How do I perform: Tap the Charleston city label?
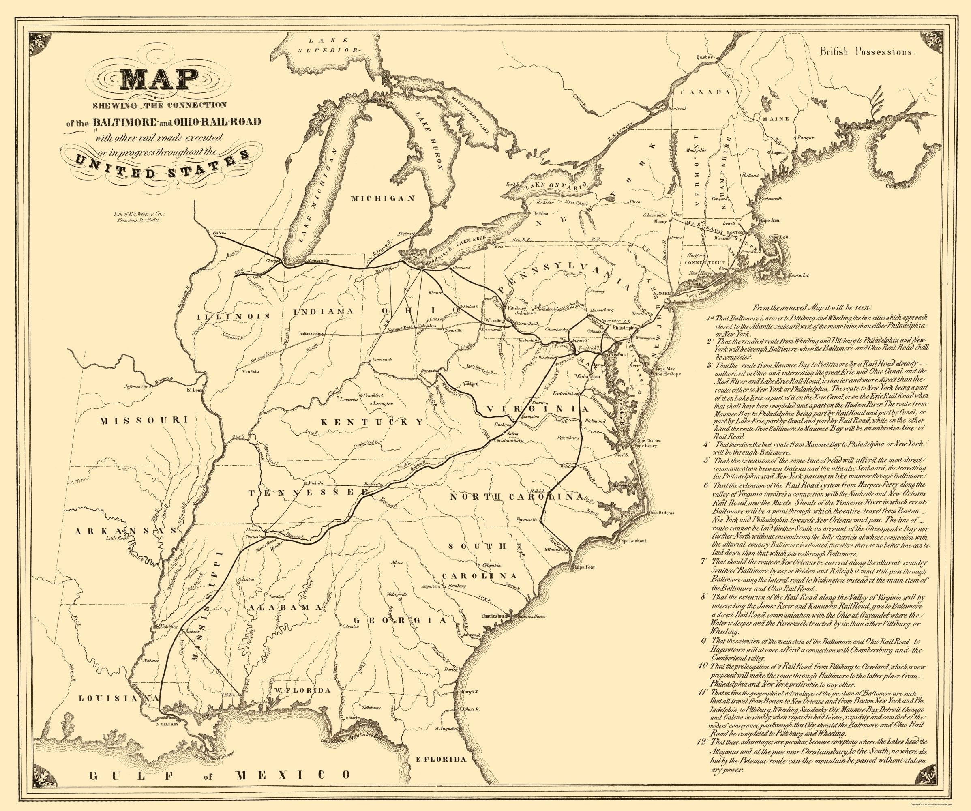[x=491, y=616]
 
